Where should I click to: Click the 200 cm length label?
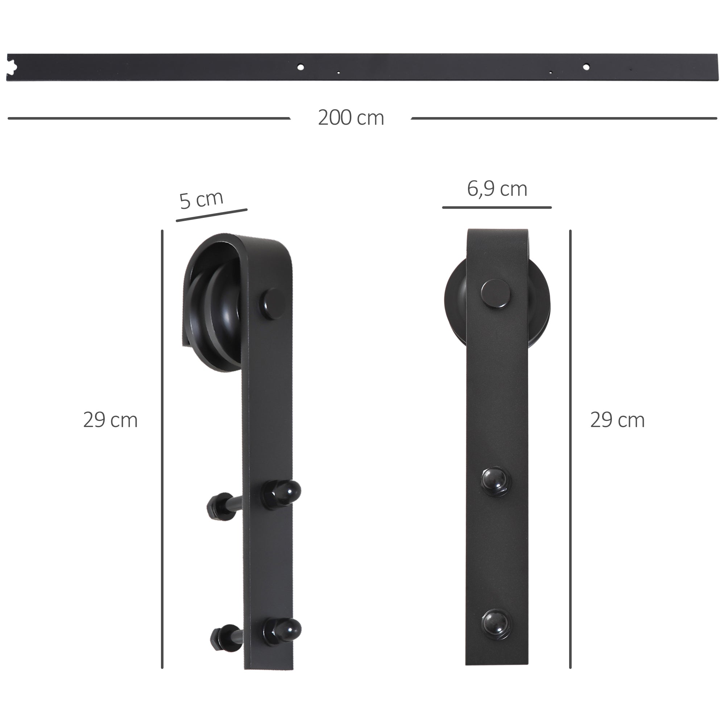pos(351,118)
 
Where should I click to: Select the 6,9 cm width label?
pos(497,189)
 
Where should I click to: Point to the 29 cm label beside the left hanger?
pos(110,420)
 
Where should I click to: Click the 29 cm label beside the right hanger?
pos(617,420)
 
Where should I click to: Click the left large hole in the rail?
pos(300,67)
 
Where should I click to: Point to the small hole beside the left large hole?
pos(338,72)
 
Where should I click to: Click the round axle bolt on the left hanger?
pos(272,303)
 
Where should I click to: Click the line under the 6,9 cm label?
pos(497,207)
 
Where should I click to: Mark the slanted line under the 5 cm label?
pos(212,215)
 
